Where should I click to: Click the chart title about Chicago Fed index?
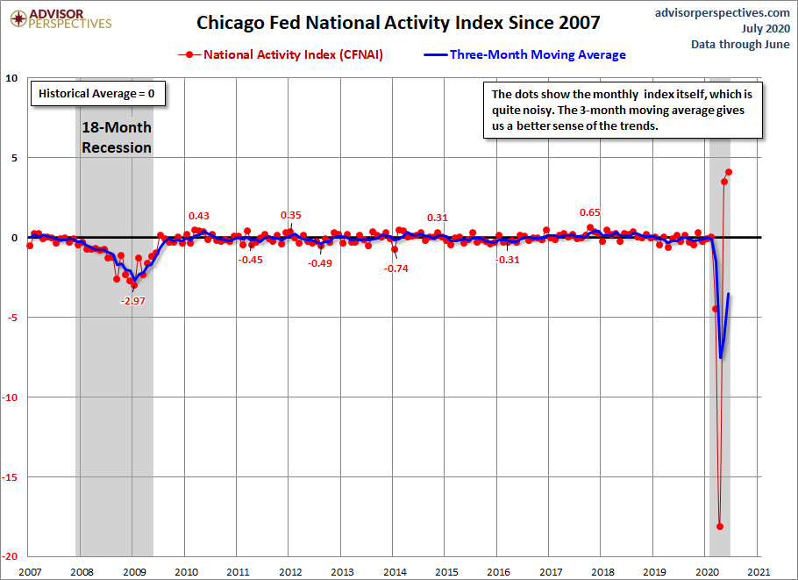(398, 23)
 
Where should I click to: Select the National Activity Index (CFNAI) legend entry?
(281, 54)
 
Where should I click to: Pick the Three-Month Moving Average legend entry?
(524, 54)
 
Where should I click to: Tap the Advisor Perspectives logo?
(61, 18)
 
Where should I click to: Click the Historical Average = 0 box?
(97, 93)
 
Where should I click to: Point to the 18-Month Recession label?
(117, 137)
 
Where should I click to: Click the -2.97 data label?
(132, 301)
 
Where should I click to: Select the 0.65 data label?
(590, 212)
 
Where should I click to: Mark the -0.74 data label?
(396, 269)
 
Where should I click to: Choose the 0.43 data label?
(199, 216)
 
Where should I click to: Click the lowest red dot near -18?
(720, 526)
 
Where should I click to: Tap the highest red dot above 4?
(728, 172)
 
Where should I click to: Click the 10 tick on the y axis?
(11, 78)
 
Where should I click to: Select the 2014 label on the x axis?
(395, 572)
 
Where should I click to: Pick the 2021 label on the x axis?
(759, 572)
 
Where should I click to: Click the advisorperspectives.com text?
(723, 13)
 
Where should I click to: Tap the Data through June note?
(740, 44)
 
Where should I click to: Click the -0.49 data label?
(320, 263)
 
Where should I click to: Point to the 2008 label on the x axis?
(82, 572)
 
